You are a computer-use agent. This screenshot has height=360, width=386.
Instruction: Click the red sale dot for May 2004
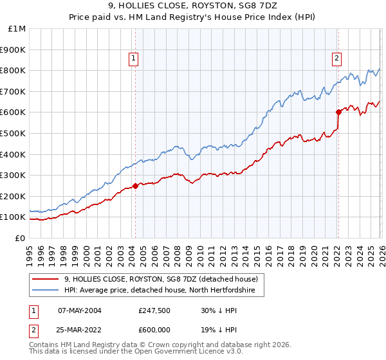[135, 186]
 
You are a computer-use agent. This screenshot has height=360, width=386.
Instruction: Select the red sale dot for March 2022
[338, 112]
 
